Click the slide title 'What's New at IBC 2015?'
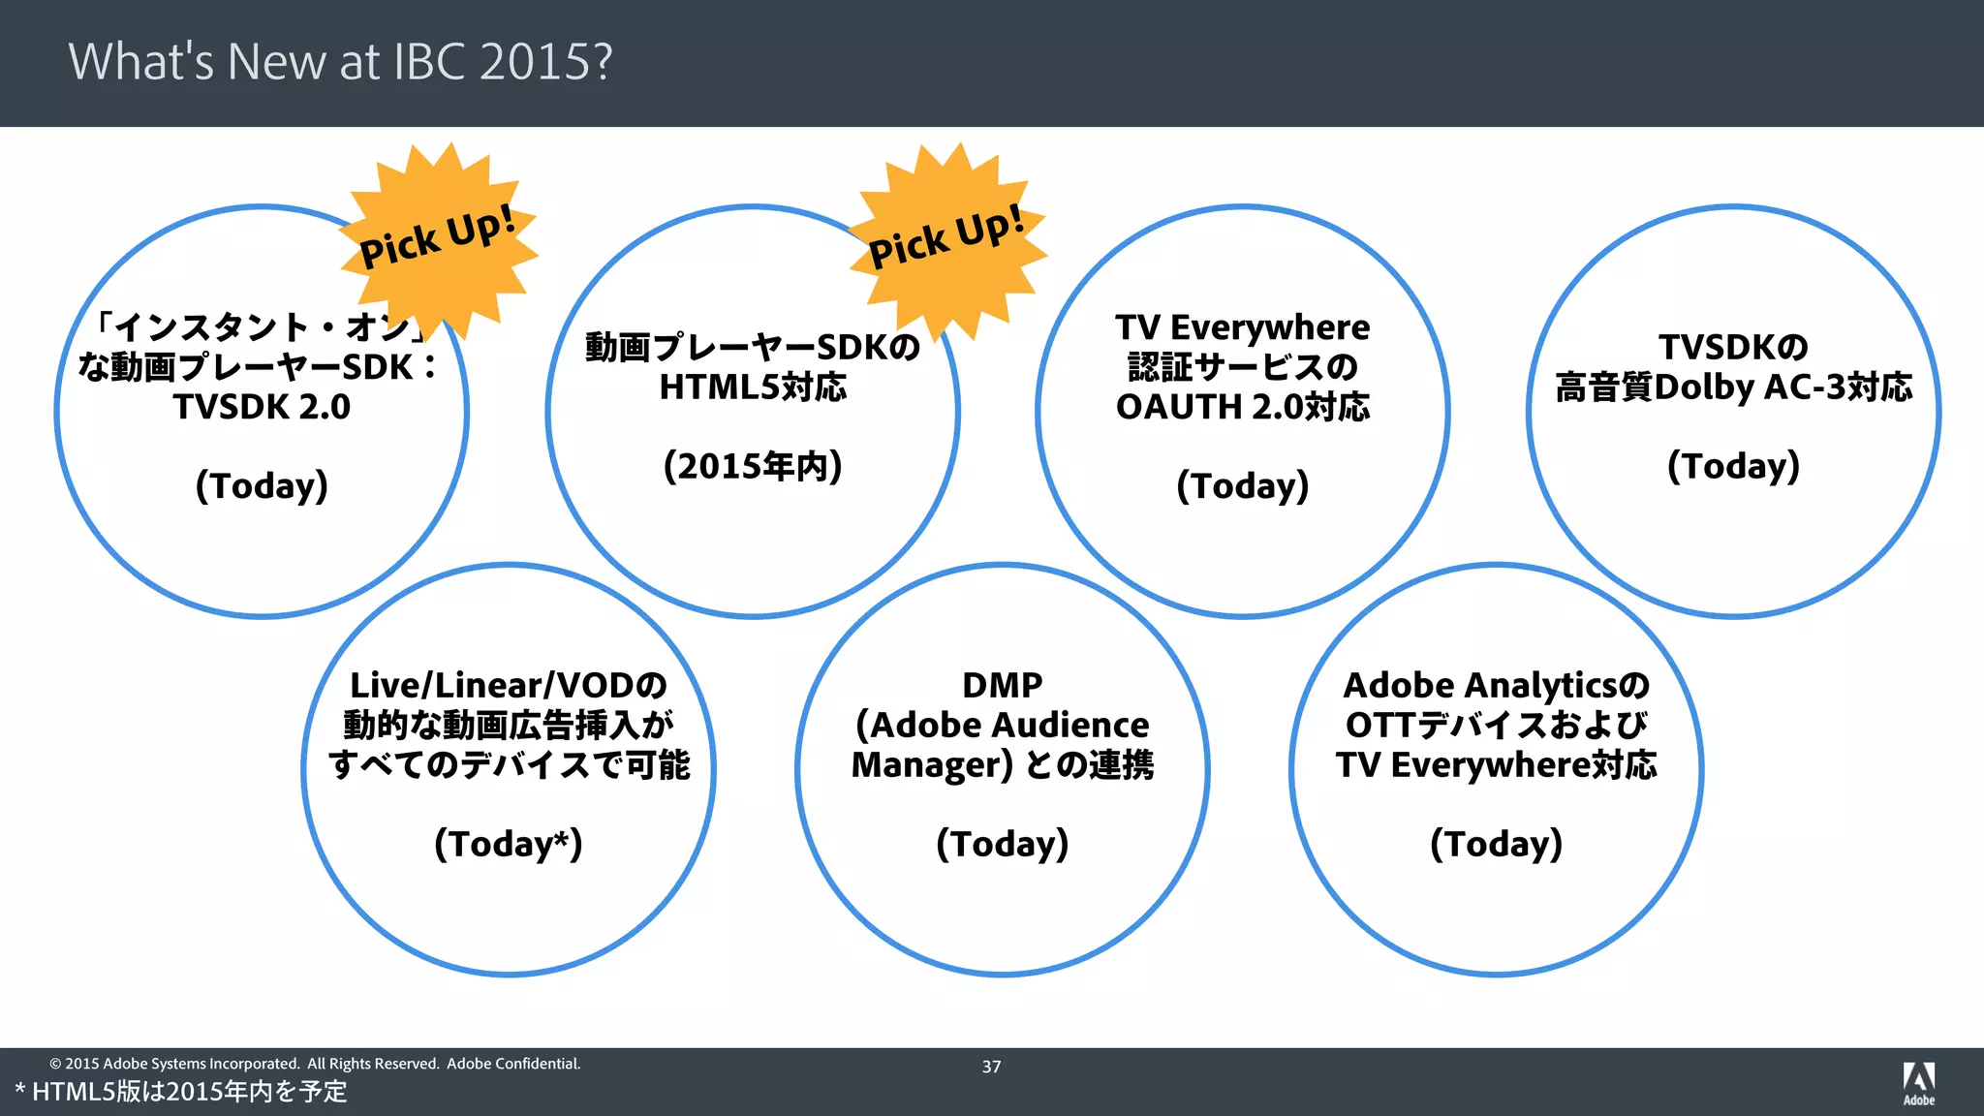click(x=340, y=61)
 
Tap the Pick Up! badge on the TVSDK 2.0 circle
click(x=438, y=237)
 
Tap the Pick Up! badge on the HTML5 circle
click(x=947, y=237)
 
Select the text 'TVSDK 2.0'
click(x=262, y=407)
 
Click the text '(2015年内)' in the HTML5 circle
click(x=753, y=466)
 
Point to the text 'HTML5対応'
click(x=753, y=387)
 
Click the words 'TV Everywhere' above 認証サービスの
click(x=1242, y=327)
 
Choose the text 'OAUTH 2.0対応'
click(x=1242, y=407)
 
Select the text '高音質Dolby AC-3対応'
click(x=1733, y=387)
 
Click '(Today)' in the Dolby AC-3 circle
click(x=1733, y=466)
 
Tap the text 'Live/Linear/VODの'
click(x=509, y=686)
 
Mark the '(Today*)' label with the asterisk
click(x=509, y=844)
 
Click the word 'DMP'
click(x=1002, y=686)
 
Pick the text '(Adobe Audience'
click(x=1002, y=726)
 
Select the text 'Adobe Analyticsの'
click(x=1496, y=686)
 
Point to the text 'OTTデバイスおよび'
click(x=1496, y=726)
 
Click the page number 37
click(x=991, y=1067)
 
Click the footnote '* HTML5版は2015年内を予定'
click(x=181, y=1093)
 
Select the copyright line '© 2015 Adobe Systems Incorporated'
click(x=174, y=1064)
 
